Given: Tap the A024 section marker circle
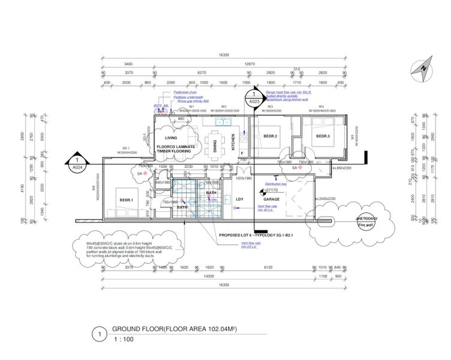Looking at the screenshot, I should (76, 164).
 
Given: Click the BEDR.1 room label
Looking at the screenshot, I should (126, 199).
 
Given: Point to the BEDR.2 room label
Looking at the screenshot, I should (270, 137).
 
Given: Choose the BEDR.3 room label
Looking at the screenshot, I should (323, 137).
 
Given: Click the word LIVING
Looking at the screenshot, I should (171, 137).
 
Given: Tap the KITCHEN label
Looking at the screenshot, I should (236, 143).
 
